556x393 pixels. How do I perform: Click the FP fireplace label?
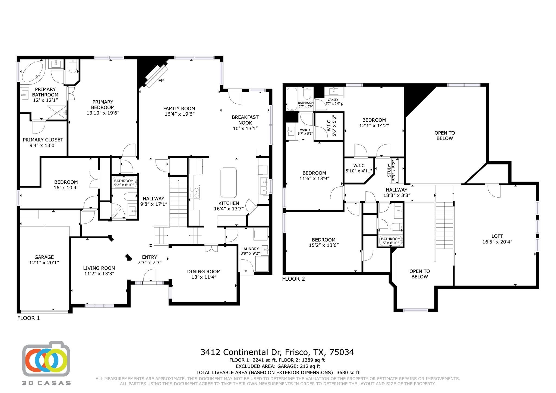(161, 81)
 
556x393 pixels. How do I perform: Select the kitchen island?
(228, 182)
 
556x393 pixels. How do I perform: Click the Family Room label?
(179, 109)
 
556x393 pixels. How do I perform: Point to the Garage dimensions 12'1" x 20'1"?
(44, 262)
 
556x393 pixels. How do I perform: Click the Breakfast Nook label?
(245, 120)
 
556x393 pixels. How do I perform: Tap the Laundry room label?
(250, 249)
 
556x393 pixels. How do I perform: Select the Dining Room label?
(204, 272)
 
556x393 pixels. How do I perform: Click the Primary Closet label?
(43, 140)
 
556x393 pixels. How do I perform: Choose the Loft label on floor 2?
(497, 236)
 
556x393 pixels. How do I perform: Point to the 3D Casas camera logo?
(46, 359)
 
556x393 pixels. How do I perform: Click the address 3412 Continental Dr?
(242, 352)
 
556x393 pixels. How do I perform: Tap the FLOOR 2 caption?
(293, 279)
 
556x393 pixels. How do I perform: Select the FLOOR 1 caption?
(28, 318)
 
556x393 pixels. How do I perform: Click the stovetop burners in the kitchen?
(195, 192)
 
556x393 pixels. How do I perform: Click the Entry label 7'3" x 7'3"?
(150, 260)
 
